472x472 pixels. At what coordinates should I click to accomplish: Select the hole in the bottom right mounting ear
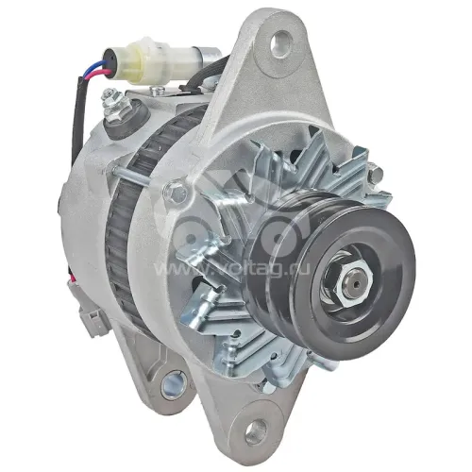click(x=257, y=430)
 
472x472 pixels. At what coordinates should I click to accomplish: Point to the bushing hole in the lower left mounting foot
click(x=174, y=384)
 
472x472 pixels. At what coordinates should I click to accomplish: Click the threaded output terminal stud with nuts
click(x=115, y=101)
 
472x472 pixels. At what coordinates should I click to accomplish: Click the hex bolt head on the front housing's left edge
click(x=176, y=191)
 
